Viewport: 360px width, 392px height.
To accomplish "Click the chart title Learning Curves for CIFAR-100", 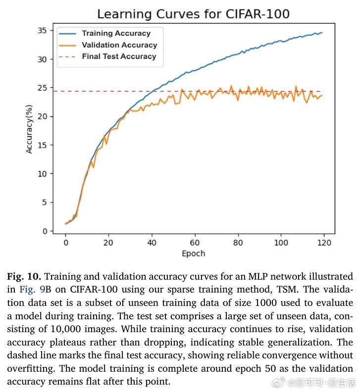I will coord(193,14).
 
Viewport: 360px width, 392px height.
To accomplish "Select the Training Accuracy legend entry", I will coord(116,34).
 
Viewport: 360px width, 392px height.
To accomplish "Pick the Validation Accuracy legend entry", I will coord(119,45).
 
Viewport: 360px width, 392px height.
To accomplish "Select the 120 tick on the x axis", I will coord(324,243).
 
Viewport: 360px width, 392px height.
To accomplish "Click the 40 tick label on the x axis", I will coord(152,243).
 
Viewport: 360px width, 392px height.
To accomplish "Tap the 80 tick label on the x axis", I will coord(238,243).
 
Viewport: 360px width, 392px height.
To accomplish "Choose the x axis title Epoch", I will coord(193,253).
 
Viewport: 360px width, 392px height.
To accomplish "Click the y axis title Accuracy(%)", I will coord(29,129).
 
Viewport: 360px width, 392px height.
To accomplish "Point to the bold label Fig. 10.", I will coord(24,276).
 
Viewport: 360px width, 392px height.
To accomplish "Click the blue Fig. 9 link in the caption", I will coord(32,290).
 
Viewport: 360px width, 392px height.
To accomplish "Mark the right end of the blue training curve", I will coord(322,33).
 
